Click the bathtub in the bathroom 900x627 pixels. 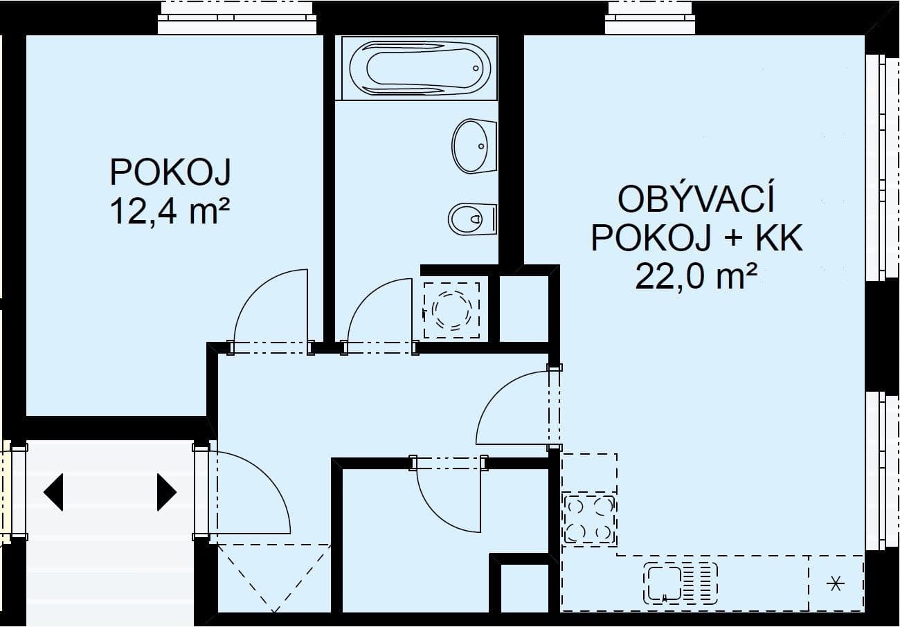coord(420,69)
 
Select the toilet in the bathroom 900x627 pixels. coord(472,219)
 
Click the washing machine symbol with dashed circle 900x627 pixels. coord(451,309)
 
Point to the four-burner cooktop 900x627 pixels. coord(589,520)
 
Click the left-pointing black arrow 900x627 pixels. coord(53,492)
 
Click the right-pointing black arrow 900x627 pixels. coord(166,492)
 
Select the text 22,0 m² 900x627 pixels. coord(695,277)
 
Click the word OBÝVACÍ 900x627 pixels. coord(695,200)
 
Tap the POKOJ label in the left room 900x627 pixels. coord(170,172)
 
